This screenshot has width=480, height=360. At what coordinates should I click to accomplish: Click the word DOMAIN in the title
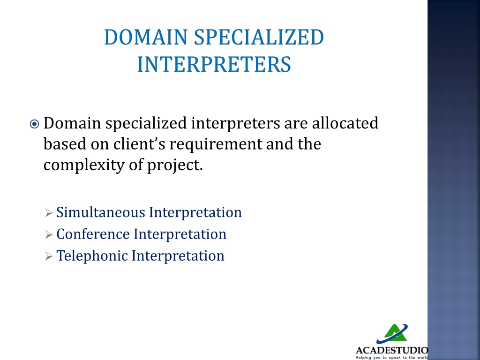click(145, 37)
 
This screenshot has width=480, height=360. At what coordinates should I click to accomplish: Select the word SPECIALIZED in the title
click(259, 37)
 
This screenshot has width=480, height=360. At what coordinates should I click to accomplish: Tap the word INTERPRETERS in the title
click(214, 64)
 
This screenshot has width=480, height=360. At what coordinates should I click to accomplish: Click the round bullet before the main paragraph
click(34, 124)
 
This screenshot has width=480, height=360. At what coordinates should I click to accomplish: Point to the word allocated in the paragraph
click(345, 123)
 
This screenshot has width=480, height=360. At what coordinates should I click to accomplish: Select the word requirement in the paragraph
click(216, 144)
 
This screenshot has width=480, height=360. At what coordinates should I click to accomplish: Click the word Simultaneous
click(101, 212)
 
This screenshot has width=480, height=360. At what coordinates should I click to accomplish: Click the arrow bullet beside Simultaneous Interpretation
click(49, 213)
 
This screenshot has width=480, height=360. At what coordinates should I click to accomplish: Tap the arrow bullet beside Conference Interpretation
click(49, 234)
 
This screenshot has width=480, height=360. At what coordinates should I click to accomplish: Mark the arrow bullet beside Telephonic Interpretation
click(49, 256)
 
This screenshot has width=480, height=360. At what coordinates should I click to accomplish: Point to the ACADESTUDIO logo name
click(392, 350)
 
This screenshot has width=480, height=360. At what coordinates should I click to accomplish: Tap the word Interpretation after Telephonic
click(178, 255)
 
